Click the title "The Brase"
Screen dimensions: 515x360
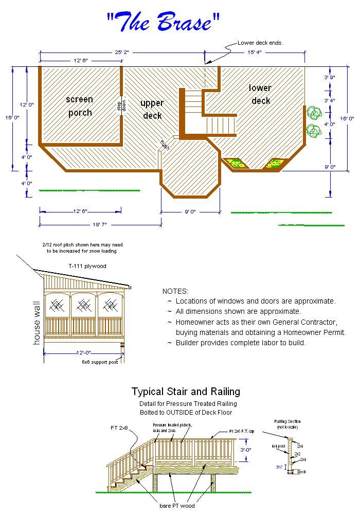(x=164, y=22)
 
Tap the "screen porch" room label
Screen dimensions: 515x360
(x=80, y=106)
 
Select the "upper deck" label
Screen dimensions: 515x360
(x=152, y=109)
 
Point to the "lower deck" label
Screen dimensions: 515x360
(x=261, y=94)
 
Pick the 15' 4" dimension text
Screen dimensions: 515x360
(x=256, y=52)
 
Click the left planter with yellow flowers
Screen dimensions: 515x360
(x=237, y=164)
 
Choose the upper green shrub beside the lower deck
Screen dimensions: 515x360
(x=313, y=112)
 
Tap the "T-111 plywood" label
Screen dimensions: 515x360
(x=87, y=266)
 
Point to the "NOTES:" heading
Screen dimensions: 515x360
(x=175, y=291)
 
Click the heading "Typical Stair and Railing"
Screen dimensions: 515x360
(x=186, y=392)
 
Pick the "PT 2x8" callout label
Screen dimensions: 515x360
(x=119, y=428)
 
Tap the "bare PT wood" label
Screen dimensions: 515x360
(x=177, y=506)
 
